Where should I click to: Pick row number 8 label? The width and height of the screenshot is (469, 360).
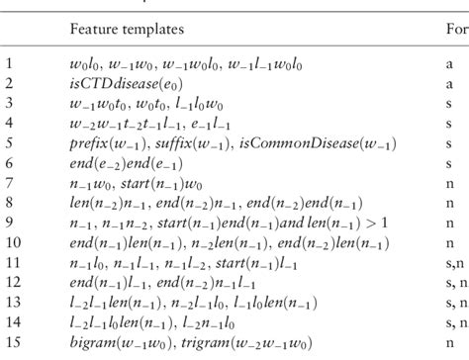click(10, 217)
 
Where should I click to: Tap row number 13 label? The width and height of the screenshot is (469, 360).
click(12, 306)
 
